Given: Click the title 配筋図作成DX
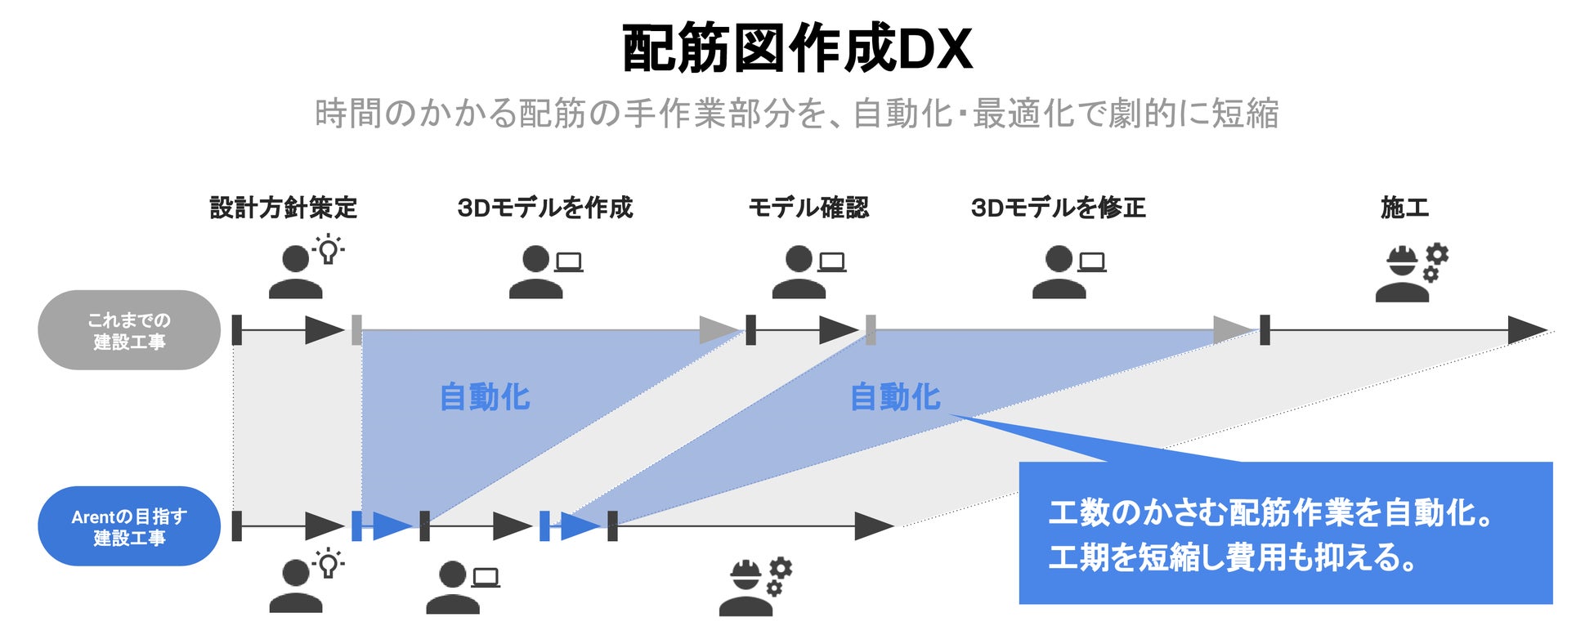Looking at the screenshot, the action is (x=797, y=48).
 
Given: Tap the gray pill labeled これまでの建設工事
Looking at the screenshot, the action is (x=129, y=330).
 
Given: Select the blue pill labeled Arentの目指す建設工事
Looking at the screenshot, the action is (x=129, y=526).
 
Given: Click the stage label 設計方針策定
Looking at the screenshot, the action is (x=284, y=208).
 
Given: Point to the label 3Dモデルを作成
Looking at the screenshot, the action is (x=545, y=208).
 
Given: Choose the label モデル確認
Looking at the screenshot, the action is (x=808, y=208).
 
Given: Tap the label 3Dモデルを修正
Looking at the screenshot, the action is (x=1059, y=208).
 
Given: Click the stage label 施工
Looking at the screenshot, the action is (x=1404, y=208).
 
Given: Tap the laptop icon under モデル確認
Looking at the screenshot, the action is (x=832, y=262).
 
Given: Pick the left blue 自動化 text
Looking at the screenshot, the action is (x=485, y=397).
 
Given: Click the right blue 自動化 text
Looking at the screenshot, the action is (x=895, y=397).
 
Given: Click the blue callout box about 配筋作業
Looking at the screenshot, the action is (x=1285, y=533).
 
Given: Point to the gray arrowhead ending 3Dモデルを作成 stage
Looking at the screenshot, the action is (x=719, y=330).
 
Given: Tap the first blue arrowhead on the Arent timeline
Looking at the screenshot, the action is (x=392, y=526).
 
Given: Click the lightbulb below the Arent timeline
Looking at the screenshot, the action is (x=328, y=563).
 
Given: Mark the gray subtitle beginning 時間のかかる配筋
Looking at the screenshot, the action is (x=797, y=114).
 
